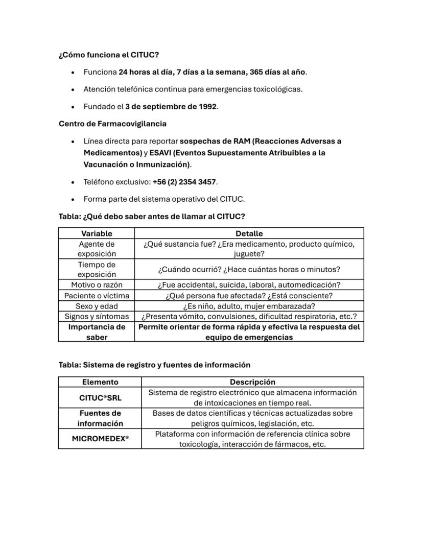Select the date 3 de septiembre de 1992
point(171,107)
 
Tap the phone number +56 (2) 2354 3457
point(184,182)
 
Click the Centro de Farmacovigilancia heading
point(112,124)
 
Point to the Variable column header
point(97,233)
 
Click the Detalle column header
point(249,233)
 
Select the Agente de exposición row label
point(97,249)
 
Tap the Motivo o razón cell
point(97,285)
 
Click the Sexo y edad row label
point(97,306)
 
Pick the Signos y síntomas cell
point(97,317)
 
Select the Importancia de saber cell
point(97,332)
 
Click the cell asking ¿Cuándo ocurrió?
point(249,269)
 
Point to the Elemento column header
point(100,382)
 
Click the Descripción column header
point(252,382)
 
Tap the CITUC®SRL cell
point(100,397)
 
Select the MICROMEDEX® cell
point(100,439)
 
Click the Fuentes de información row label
point(100,418)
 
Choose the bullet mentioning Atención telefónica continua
point(193,89)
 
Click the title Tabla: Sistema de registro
point(154,365)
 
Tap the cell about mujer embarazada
point(249,306)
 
